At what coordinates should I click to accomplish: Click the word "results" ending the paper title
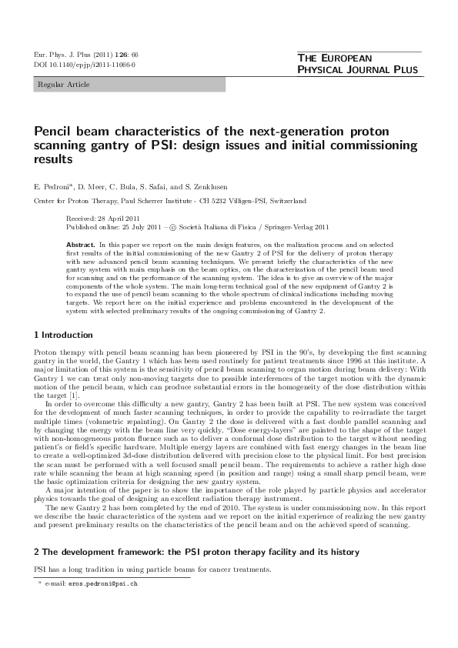coord(53,160)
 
